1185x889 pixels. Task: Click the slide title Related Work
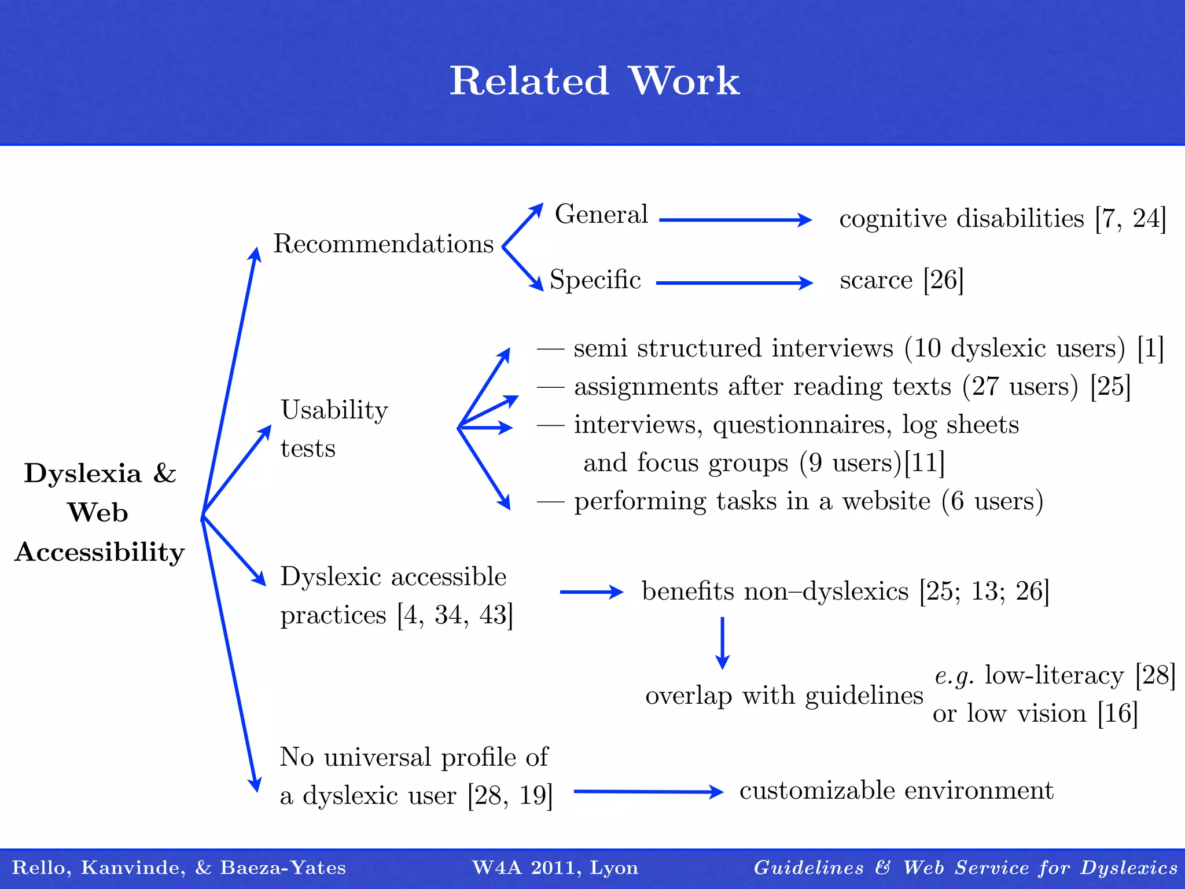594,80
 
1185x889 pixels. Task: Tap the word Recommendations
383,244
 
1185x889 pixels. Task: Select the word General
601,214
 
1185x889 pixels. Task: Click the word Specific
595,280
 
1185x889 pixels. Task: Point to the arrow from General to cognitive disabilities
735,220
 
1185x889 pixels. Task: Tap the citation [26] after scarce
943,280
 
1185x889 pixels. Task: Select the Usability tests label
333,428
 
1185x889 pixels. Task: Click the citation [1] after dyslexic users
1150,348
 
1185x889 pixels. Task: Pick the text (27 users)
1020,386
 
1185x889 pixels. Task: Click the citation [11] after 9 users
924,463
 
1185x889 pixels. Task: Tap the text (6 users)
992,501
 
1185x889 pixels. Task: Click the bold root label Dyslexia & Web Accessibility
100,512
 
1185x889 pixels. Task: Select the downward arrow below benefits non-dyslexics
722,642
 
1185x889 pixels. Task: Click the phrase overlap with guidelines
784,695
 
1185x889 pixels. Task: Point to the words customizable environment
896,791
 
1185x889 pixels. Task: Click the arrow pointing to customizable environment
648,792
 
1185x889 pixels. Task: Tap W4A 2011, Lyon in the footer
555,868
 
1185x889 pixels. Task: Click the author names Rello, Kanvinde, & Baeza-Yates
179,868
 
